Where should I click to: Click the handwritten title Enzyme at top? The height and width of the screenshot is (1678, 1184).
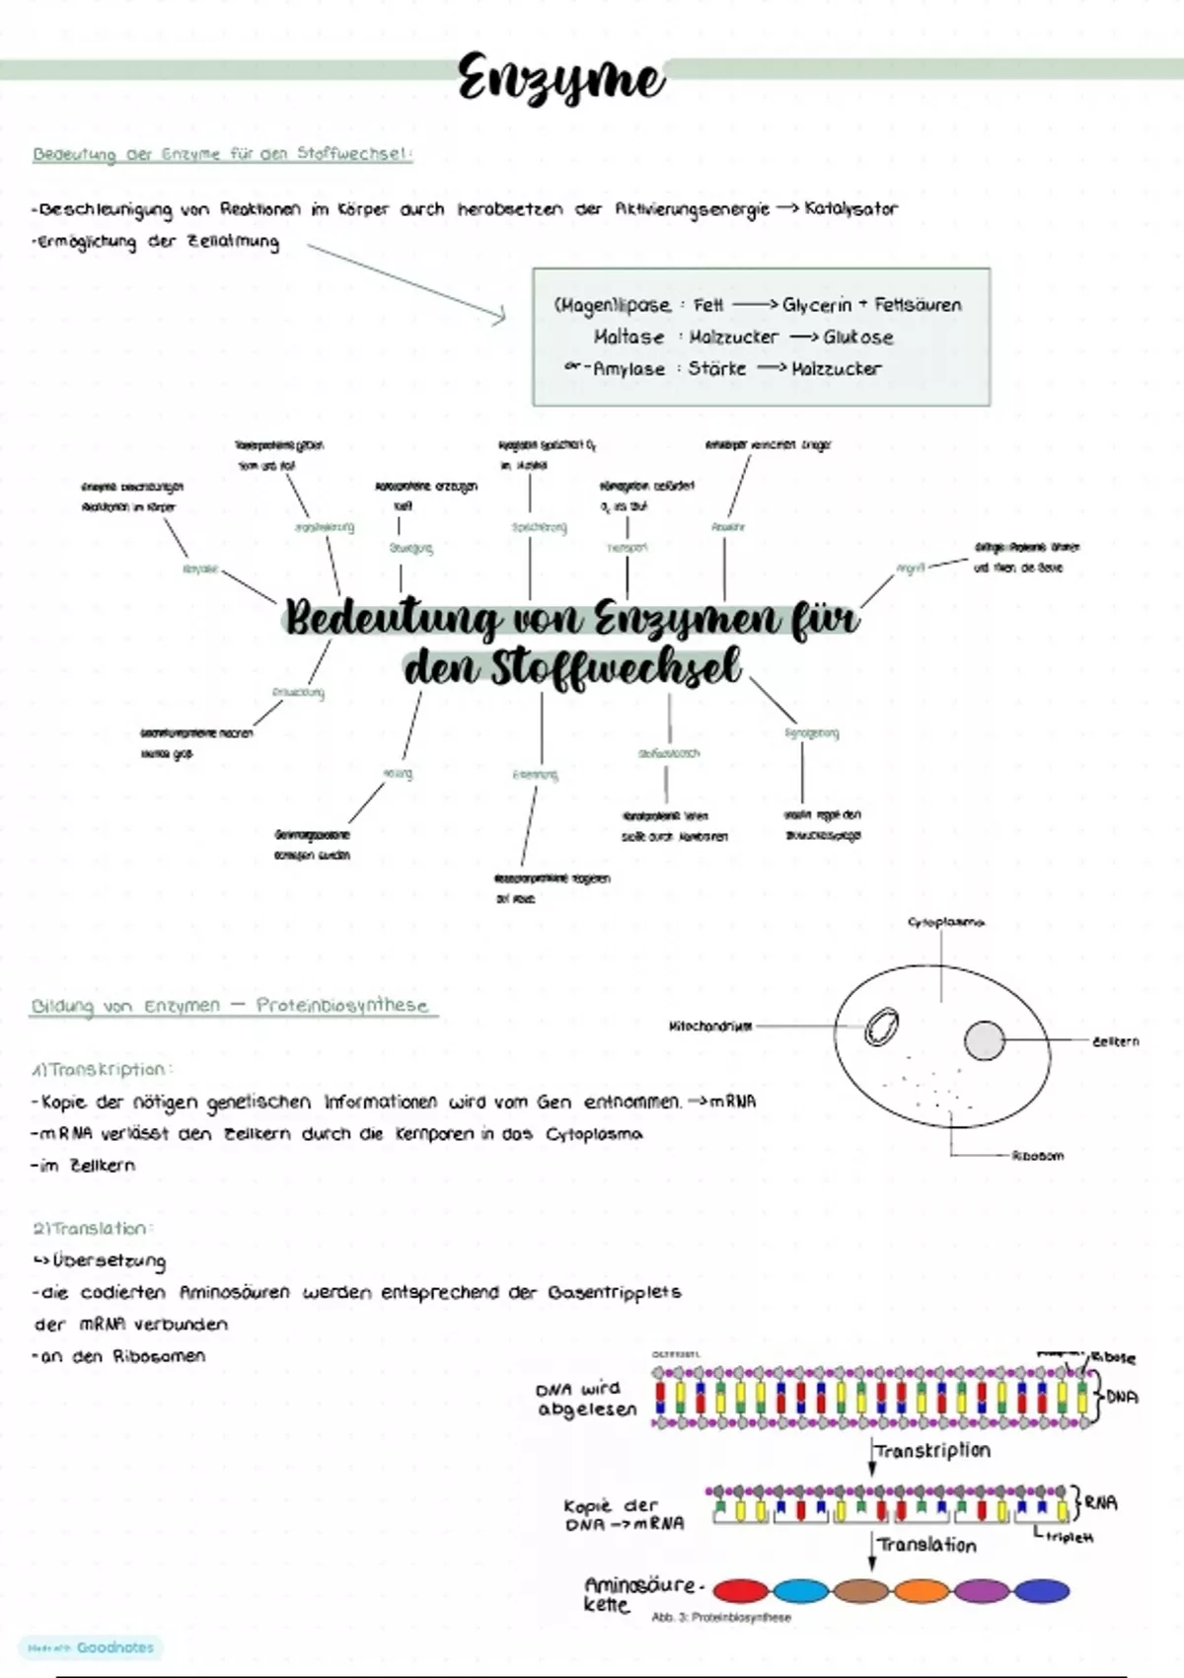(x=560, y=79)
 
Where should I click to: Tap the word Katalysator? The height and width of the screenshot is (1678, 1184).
(x=851, y=208)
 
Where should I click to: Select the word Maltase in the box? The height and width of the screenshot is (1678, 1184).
(x=629, y=337)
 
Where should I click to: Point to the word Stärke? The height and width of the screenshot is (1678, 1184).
(x=717, y=368)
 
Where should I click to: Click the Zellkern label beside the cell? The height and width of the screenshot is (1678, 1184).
(x=1115, y=1040)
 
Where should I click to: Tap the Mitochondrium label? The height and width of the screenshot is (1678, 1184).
(x=710, y=1027)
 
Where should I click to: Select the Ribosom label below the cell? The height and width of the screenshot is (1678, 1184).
(x=1037, y=1155)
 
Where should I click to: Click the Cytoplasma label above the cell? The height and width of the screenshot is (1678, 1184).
(x=945, y=922)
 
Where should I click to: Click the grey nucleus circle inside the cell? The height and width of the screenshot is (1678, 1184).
(x=984, y=1040)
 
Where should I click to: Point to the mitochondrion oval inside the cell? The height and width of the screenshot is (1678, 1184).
(x=880, y=1028)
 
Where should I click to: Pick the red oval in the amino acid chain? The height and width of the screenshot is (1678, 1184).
(x=740, y=1590)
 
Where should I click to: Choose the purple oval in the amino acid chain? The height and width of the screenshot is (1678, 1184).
(x=981, y=1590)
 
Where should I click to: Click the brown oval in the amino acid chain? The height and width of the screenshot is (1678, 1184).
(x=860, y=1590)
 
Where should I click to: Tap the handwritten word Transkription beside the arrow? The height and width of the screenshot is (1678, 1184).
(x=932, y=1451)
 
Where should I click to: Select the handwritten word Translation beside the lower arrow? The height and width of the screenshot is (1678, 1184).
(x=926, y=1546)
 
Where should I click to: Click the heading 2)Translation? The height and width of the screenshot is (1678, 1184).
(x=91, y=1229)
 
